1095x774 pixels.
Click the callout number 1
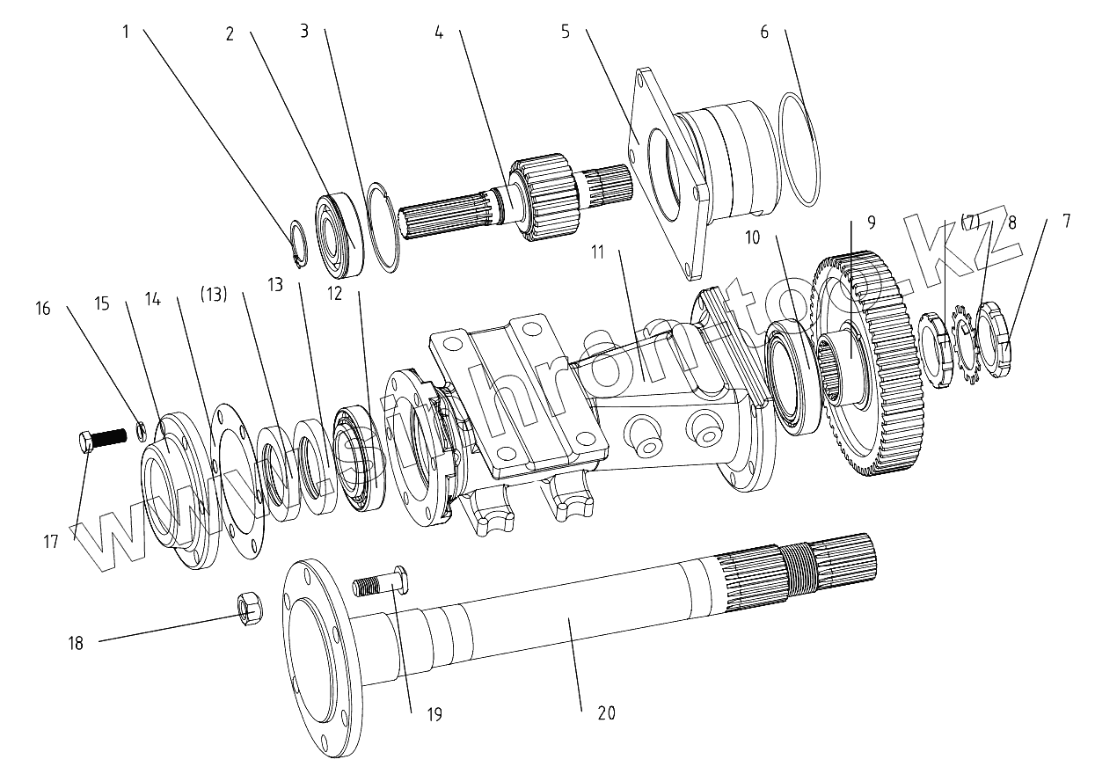pyautogui.click(x=126, y=33)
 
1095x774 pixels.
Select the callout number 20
pyautogui.click(x=606, y=713)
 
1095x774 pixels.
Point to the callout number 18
pyautogui.click(x=76, y=643)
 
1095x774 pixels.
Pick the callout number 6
pyautogui.click(x=763, y=33)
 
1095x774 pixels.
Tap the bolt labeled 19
pyautogui.click(x=382, y=581)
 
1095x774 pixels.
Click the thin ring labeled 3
pyautogui.click(x=383, y=225)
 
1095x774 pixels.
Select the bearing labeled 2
pyautogui.click(x=338, y=232)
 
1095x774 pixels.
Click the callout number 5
pyautogui.click(x=565, y=33)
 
